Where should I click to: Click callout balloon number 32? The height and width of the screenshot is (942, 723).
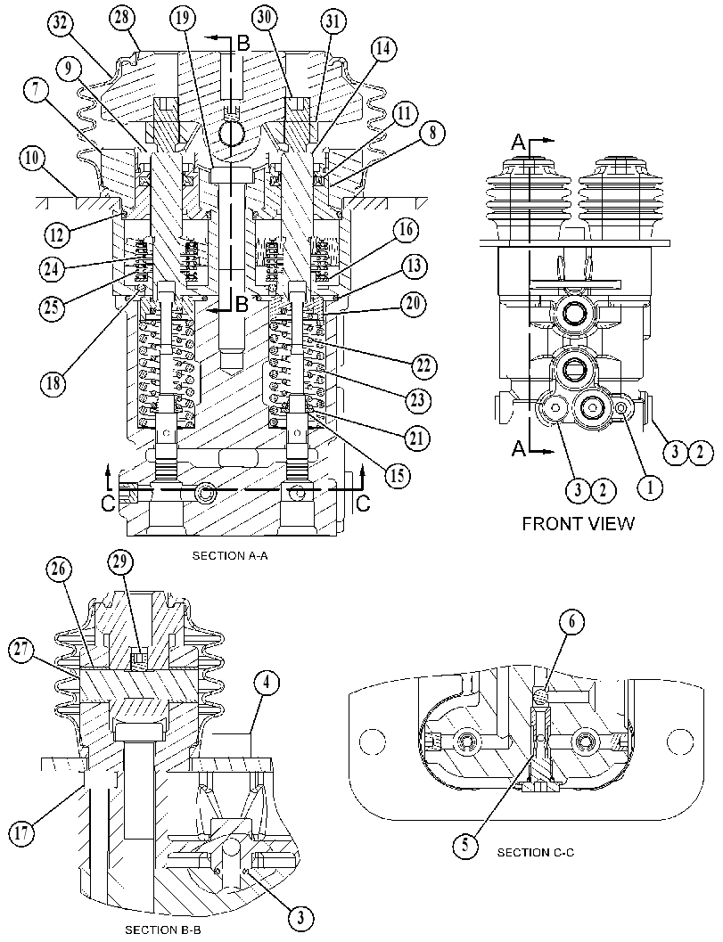coord(62,25)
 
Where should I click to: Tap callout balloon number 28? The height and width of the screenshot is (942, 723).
coord(123,17)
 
